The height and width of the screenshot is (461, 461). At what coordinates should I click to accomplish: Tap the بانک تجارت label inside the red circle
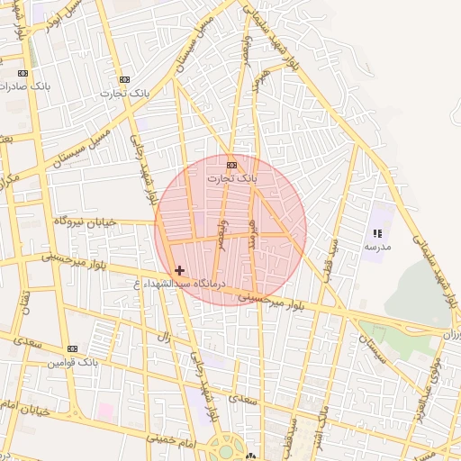point(232,178)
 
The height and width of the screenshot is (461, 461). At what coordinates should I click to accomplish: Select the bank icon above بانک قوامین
point(72,348)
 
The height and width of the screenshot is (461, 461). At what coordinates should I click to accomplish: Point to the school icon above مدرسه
point(376,233)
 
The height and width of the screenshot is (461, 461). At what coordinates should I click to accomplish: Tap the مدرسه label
point(376,246)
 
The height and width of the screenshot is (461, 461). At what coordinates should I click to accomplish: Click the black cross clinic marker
point(179,270)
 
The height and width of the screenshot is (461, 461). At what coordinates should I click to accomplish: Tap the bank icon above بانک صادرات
point(23,73)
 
